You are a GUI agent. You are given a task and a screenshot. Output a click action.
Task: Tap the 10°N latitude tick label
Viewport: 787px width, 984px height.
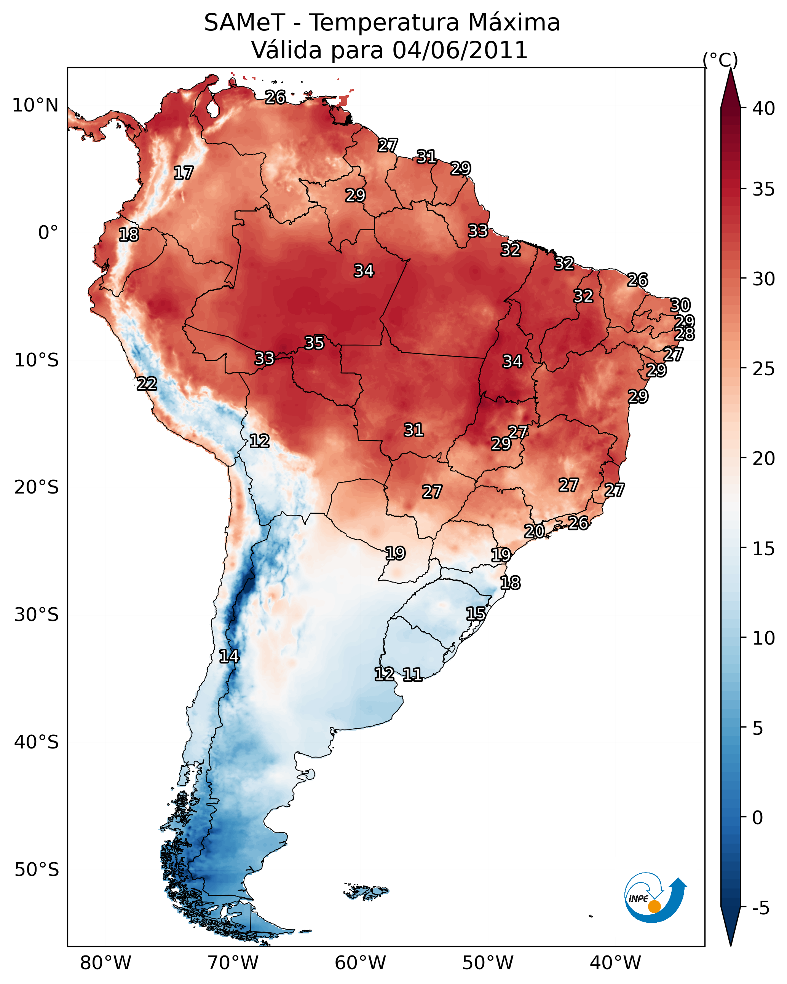35,105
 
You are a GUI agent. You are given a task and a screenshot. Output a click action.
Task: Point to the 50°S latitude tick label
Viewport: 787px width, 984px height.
37,870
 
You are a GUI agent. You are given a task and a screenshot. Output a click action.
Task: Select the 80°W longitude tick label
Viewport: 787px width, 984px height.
105,963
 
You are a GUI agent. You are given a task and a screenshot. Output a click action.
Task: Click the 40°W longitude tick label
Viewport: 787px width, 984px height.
615,963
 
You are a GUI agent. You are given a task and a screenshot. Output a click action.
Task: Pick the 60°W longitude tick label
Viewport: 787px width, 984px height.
361,963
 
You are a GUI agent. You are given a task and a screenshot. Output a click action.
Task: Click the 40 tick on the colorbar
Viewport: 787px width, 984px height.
764,108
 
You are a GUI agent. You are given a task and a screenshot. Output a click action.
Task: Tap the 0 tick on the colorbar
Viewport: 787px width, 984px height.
757,818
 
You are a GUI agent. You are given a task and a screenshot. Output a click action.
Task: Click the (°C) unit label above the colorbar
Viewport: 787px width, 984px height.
720,60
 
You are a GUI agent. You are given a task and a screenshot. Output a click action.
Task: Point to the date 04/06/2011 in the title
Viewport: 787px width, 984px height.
460,50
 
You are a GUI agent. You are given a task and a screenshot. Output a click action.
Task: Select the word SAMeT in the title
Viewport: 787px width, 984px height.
244,23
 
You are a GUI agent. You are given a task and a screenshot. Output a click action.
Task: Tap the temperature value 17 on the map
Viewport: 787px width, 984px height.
184,173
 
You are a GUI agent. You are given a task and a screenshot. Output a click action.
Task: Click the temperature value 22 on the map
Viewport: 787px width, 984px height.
147,384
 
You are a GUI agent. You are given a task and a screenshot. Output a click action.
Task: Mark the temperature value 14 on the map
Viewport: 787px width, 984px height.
229,656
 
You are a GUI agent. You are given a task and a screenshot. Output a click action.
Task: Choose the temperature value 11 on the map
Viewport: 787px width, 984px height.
412,675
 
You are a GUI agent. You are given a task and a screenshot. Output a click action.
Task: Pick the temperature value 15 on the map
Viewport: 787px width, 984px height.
476,613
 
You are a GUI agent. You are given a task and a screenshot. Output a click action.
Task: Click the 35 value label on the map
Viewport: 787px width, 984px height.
314,343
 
